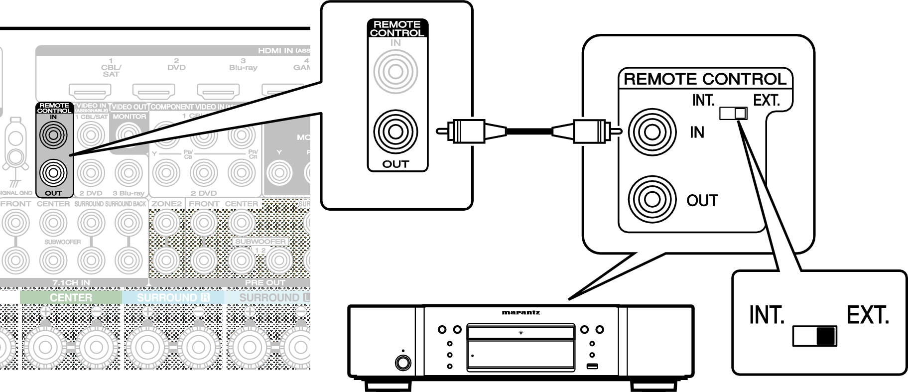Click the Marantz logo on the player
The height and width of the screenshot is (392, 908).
point(520,313)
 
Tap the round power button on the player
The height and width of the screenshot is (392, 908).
point(402,362)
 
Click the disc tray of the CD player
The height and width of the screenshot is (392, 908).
point(520,333)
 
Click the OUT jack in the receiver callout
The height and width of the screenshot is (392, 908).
point(395,132)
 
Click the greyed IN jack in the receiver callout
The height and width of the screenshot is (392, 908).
point(395,72)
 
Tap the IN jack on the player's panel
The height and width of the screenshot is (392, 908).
point(652,132)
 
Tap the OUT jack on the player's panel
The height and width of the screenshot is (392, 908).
point(652,200)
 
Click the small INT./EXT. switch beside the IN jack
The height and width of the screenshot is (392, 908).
point(733,114)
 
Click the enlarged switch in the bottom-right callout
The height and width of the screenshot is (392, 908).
point(815,336)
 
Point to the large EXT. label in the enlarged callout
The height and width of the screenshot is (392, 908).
point(868,315)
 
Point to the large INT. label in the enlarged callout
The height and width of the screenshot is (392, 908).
point(767,315)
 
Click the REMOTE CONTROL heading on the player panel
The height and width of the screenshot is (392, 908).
point(705,79)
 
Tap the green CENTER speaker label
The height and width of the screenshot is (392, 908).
point(71,297)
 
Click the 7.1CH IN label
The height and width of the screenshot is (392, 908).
point(71,282)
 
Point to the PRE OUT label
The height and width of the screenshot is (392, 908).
point(264,282)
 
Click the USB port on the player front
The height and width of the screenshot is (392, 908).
point(592,367)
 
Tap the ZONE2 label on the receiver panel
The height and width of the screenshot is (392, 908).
point(166,204)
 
